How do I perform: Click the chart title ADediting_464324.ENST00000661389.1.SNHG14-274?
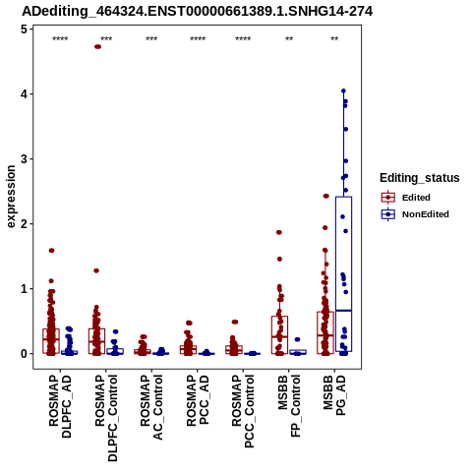click(x=198, y=12)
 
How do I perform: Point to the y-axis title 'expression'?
click(x=11, y=197)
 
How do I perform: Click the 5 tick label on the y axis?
click(x=24, y=29)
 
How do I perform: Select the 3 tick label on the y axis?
click(x=24, y=159)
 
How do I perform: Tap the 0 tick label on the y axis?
click(x=24, y=354)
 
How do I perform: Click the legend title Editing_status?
click(x=420, y=178)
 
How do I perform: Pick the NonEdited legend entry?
click(x=415, y=214)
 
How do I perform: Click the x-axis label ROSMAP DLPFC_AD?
click(x=60, y=406)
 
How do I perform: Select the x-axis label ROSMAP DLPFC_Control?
click(x=106, y=418)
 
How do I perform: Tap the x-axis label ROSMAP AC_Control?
click(x=151, y=407)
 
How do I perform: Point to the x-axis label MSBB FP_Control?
click(x=289, y=406)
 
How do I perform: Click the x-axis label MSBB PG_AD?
click(x=334, y=395)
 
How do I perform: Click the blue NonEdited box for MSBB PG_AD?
click(x=343, y=274)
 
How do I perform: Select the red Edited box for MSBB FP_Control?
click(x=279, y=335)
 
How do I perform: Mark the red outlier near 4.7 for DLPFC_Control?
click(x=97, y=46)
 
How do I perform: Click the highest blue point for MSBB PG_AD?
click(x=343, y=90)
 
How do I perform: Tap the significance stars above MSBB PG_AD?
click(x=334, y=39)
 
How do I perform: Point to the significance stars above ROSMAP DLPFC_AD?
click(x=60, y=39)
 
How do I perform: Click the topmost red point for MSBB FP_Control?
click(x=279, y=232)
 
